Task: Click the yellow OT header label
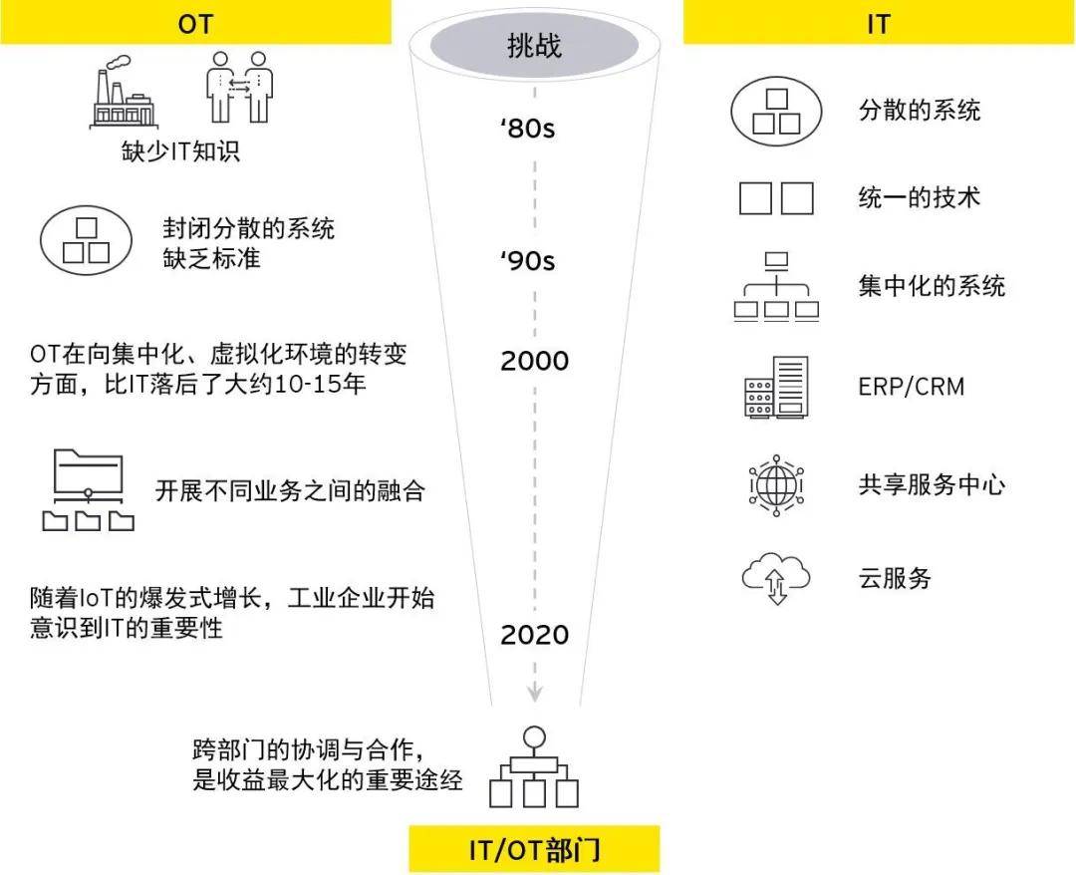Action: pos(195,22)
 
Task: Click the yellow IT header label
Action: pos(878,22)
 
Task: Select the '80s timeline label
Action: pos(527,130)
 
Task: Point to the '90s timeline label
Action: pos(527,261)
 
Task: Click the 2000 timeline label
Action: pos(534,361)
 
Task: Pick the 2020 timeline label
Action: pos(534,634)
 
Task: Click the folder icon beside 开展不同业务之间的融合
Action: pos(89,489)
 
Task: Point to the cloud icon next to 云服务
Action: pos(776,579)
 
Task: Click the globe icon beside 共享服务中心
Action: pos(776,485)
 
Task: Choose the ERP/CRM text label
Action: pos(911,386)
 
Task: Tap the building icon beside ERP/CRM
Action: pos(776,386)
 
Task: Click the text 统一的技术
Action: pos(919,196)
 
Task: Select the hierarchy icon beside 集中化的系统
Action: pos(776,286)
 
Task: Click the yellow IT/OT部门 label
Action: pos(534,850)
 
